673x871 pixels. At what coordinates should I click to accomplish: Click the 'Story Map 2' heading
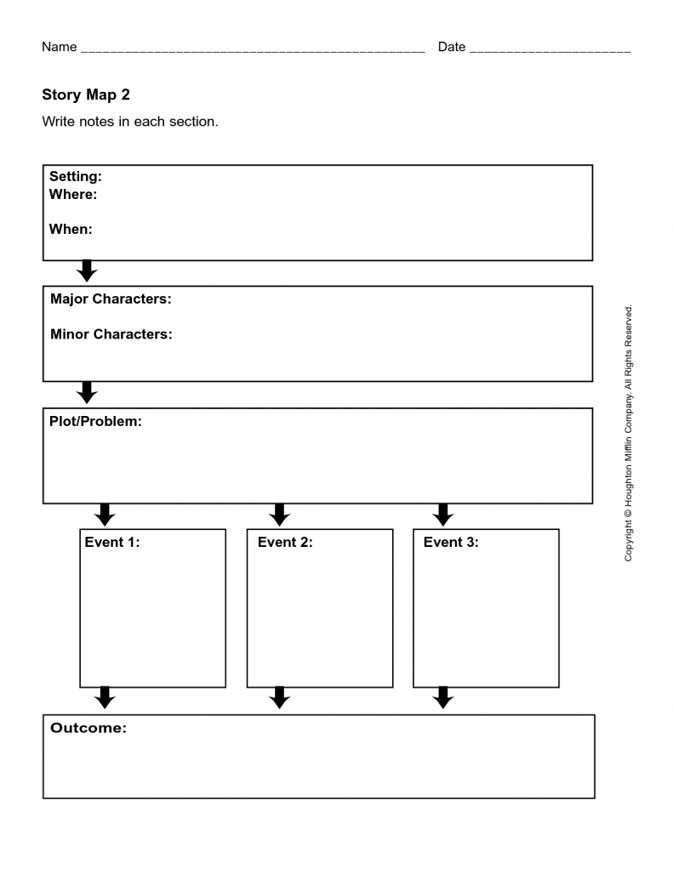(x=86, y=94)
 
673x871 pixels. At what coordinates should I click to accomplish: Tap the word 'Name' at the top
(x=60, y=47)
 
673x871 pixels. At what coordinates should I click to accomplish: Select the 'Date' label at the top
(x=452, y=47)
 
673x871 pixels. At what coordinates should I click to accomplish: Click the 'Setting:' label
(x=76, y=177)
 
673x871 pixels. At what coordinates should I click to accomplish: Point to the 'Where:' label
(x=73, y=195)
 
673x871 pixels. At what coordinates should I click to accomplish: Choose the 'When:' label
(x=71, y=229)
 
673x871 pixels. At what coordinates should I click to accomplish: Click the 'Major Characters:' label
(x=111, y=299)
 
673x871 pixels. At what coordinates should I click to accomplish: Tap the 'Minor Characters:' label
(x=111, y=334)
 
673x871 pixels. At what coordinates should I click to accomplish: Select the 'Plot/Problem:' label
(x=95, y=421)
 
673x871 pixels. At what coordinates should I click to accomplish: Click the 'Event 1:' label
(x=112, y=542)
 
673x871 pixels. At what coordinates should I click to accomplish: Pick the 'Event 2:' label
(x=285, y=542)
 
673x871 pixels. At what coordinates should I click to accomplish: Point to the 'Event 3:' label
(x=451, y=542)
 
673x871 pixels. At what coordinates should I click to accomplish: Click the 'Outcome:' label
(x=88, y=728)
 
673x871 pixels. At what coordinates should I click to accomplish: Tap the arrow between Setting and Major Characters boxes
(x=87, y=271)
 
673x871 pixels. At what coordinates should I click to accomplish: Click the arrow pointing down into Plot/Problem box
(x=87, y=393)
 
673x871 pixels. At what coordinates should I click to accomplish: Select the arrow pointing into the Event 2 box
(x=279, y=515)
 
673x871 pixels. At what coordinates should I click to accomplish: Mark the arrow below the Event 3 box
(x=442, y=698)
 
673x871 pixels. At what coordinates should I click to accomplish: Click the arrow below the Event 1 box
(x=105, y=698)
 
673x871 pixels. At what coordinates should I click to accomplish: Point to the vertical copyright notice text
(x=629, y=433)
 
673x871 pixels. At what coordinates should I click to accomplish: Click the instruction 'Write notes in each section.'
(x=130, y=122)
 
